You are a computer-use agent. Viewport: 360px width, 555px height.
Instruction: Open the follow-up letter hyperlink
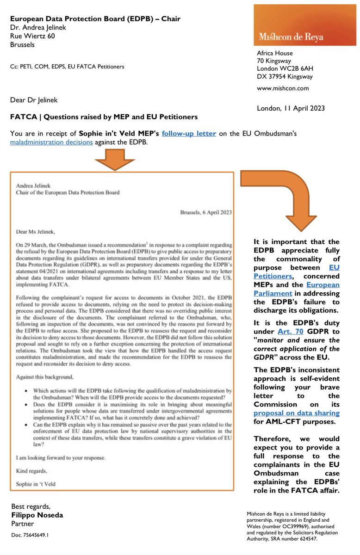pos(189,133)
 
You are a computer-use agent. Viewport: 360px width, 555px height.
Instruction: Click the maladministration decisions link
pos(51,142)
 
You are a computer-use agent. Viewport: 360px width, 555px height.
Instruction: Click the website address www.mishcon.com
pos(283,88)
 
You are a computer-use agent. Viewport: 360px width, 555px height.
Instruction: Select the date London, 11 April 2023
pos(291,108)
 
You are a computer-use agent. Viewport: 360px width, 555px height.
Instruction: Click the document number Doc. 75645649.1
pos(31,535)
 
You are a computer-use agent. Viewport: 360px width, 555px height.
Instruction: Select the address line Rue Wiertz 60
pos(33,36)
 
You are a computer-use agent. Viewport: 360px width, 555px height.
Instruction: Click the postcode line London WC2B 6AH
pos(288,68)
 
